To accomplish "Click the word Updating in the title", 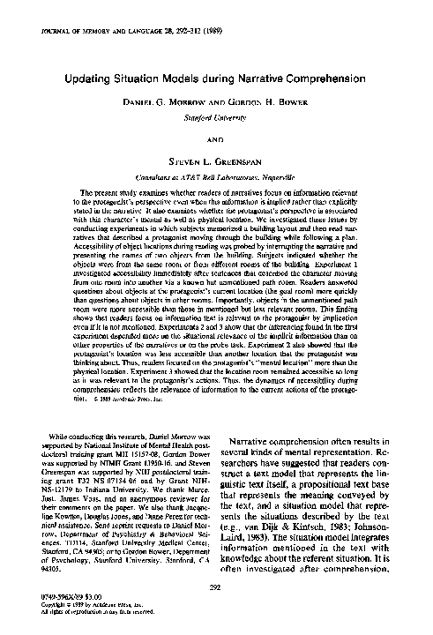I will [91, 78].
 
